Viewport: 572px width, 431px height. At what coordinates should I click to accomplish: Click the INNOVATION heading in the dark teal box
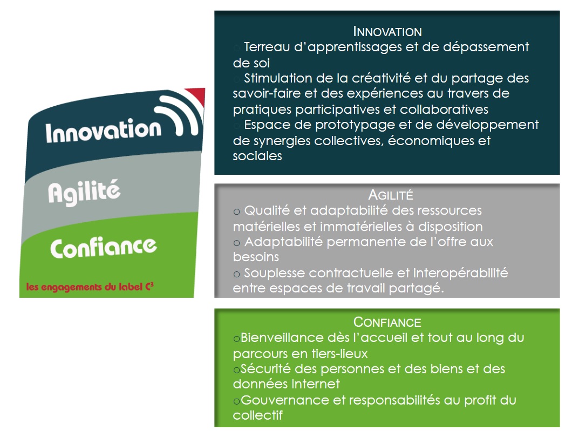[x=387, y=31]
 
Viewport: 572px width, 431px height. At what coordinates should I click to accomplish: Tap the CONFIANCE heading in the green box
[x=387, y=323]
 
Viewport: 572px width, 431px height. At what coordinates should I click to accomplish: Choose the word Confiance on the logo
[x=103, y=248]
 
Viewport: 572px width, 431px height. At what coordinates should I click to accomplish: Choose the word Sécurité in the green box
[x=265, y=370]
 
